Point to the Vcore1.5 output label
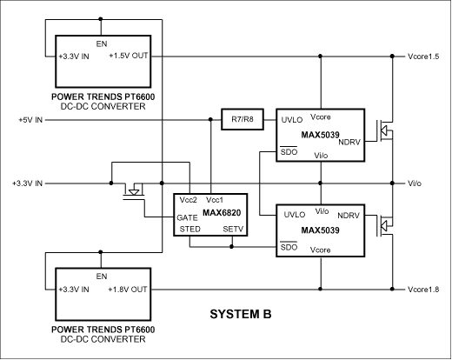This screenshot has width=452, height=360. [x=425, y=56]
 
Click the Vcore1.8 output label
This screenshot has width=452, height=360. [x=425, y=289]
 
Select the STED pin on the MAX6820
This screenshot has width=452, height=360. [x=190, y=230]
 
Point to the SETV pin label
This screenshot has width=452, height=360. [x=233, y=230]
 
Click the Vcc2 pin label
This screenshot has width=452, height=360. [x=189, y=200]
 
